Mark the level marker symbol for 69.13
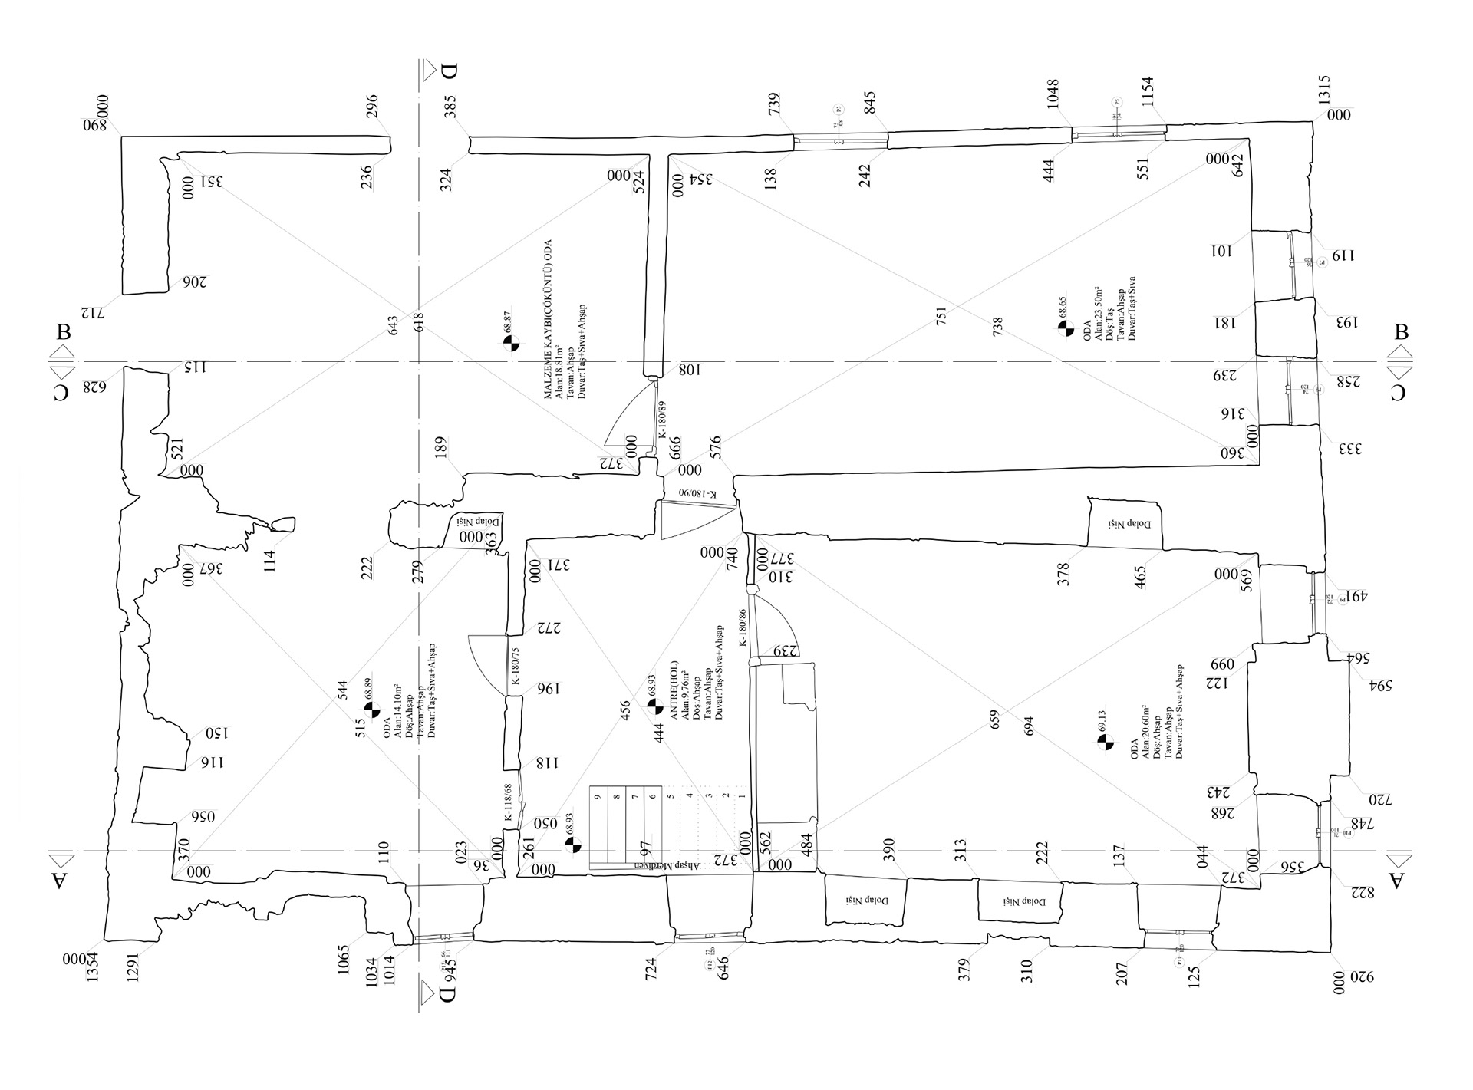click(1106, 742)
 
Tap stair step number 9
click(597, 797)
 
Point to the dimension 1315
click(1324, 90)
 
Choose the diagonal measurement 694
click(1030, 726)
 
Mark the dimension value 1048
click(1053, 94)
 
